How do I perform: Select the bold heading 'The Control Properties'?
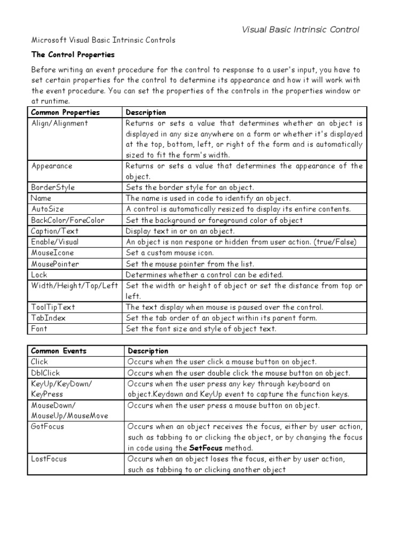pyautogui.click(x=73, y=54)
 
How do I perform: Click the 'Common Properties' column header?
pyautogui.click(x=66, y=112)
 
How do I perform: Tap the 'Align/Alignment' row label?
pyautogui.click(x=60, y=123)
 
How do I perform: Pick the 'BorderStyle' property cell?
pyautogui.click(x=53, y=187)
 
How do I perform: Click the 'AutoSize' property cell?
pyautogui.click(x=48, y=209)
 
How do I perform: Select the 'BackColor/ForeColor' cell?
pyautogui.click(x=68, y=220)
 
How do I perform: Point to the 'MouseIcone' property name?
pyautogui.click(x=53, y=253)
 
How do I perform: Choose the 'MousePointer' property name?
pyautogui.click(x=56, y=264)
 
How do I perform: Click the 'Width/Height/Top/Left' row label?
pyautogui.click(x=74, y=286)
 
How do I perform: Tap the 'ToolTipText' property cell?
pyautogui.click(x=53, y=307)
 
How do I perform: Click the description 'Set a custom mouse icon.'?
pyautogui.click(x=170, y=253)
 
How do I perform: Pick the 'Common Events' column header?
pyautogui.click(x=59, y=351)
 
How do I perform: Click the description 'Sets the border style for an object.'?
pyautogui.click(x=190, y=187)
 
